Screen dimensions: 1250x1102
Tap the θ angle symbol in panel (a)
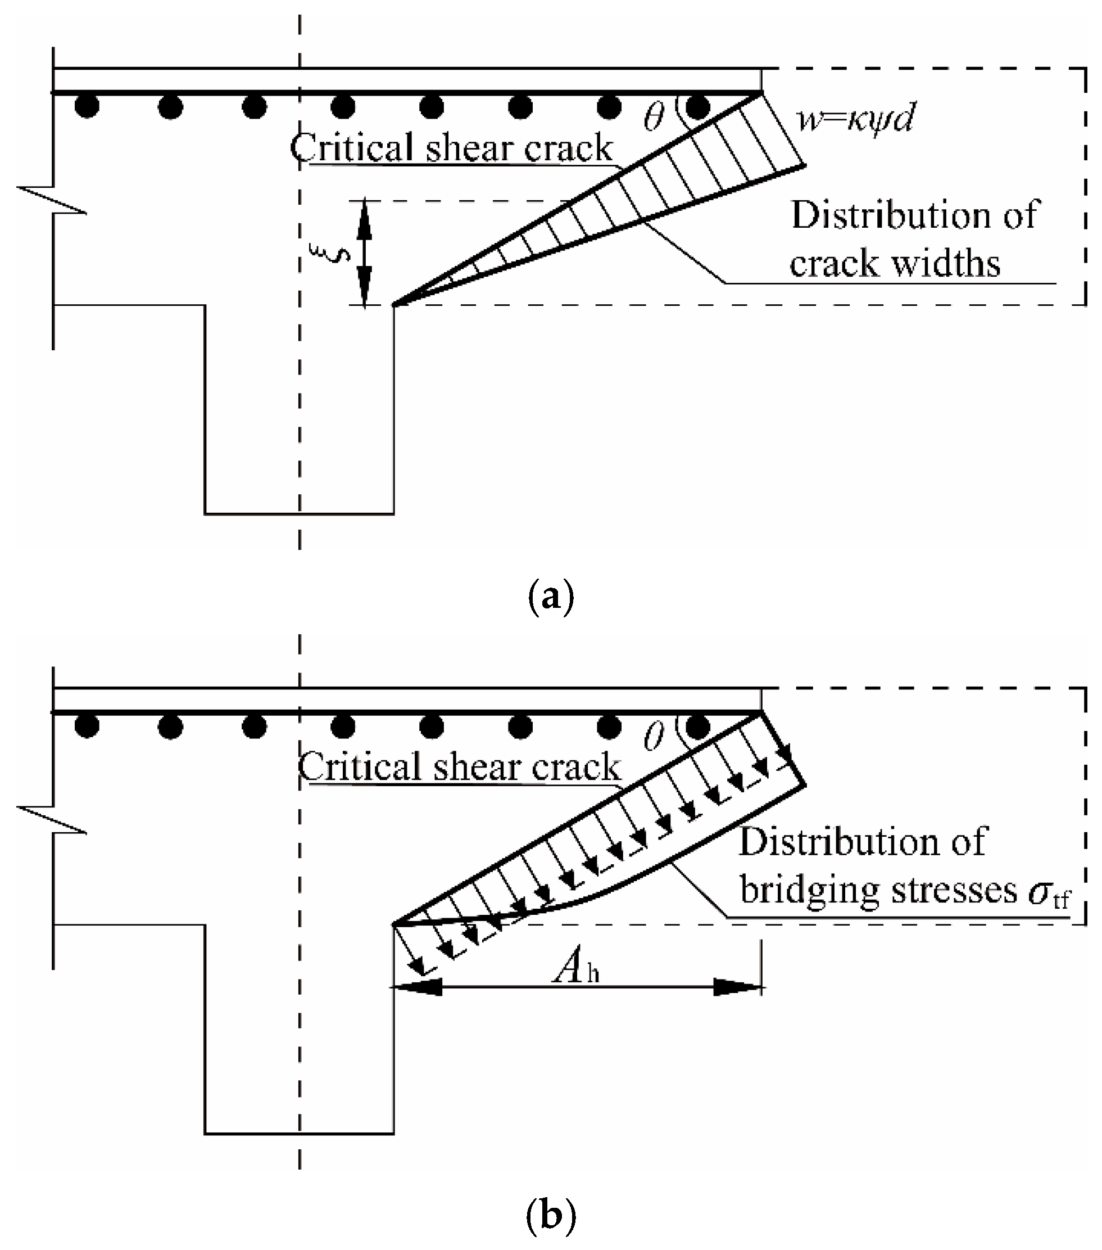(654, 117)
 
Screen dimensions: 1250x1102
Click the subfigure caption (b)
(550, 1217)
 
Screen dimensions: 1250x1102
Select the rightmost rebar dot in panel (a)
(698, 107)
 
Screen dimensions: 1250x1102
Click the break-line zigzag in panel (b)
(52, 819)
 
